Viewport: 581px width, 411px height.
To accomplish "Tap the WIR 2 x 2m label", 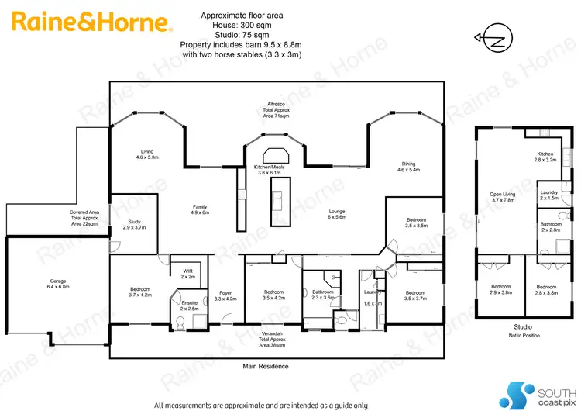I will point(187,273).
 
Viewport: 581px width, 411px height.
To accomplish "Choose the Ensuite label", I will point(190,305).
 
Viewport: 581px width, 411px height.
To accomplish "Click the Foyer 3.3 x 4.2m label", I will point(225,295).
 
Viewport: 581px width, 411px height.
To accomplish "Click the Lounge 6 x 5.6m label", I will point(338,214).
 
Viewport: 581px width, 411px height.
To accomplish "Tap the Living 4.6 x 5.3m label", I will point(147,154).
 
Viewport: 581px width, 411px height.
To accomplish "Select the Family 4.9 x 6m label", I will point(201,209).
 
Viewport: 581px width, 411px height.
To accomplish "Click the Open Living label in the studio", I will point(503,199).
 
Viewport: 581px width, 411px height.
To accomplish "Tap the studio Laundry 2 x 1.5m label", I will point(549,195).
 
